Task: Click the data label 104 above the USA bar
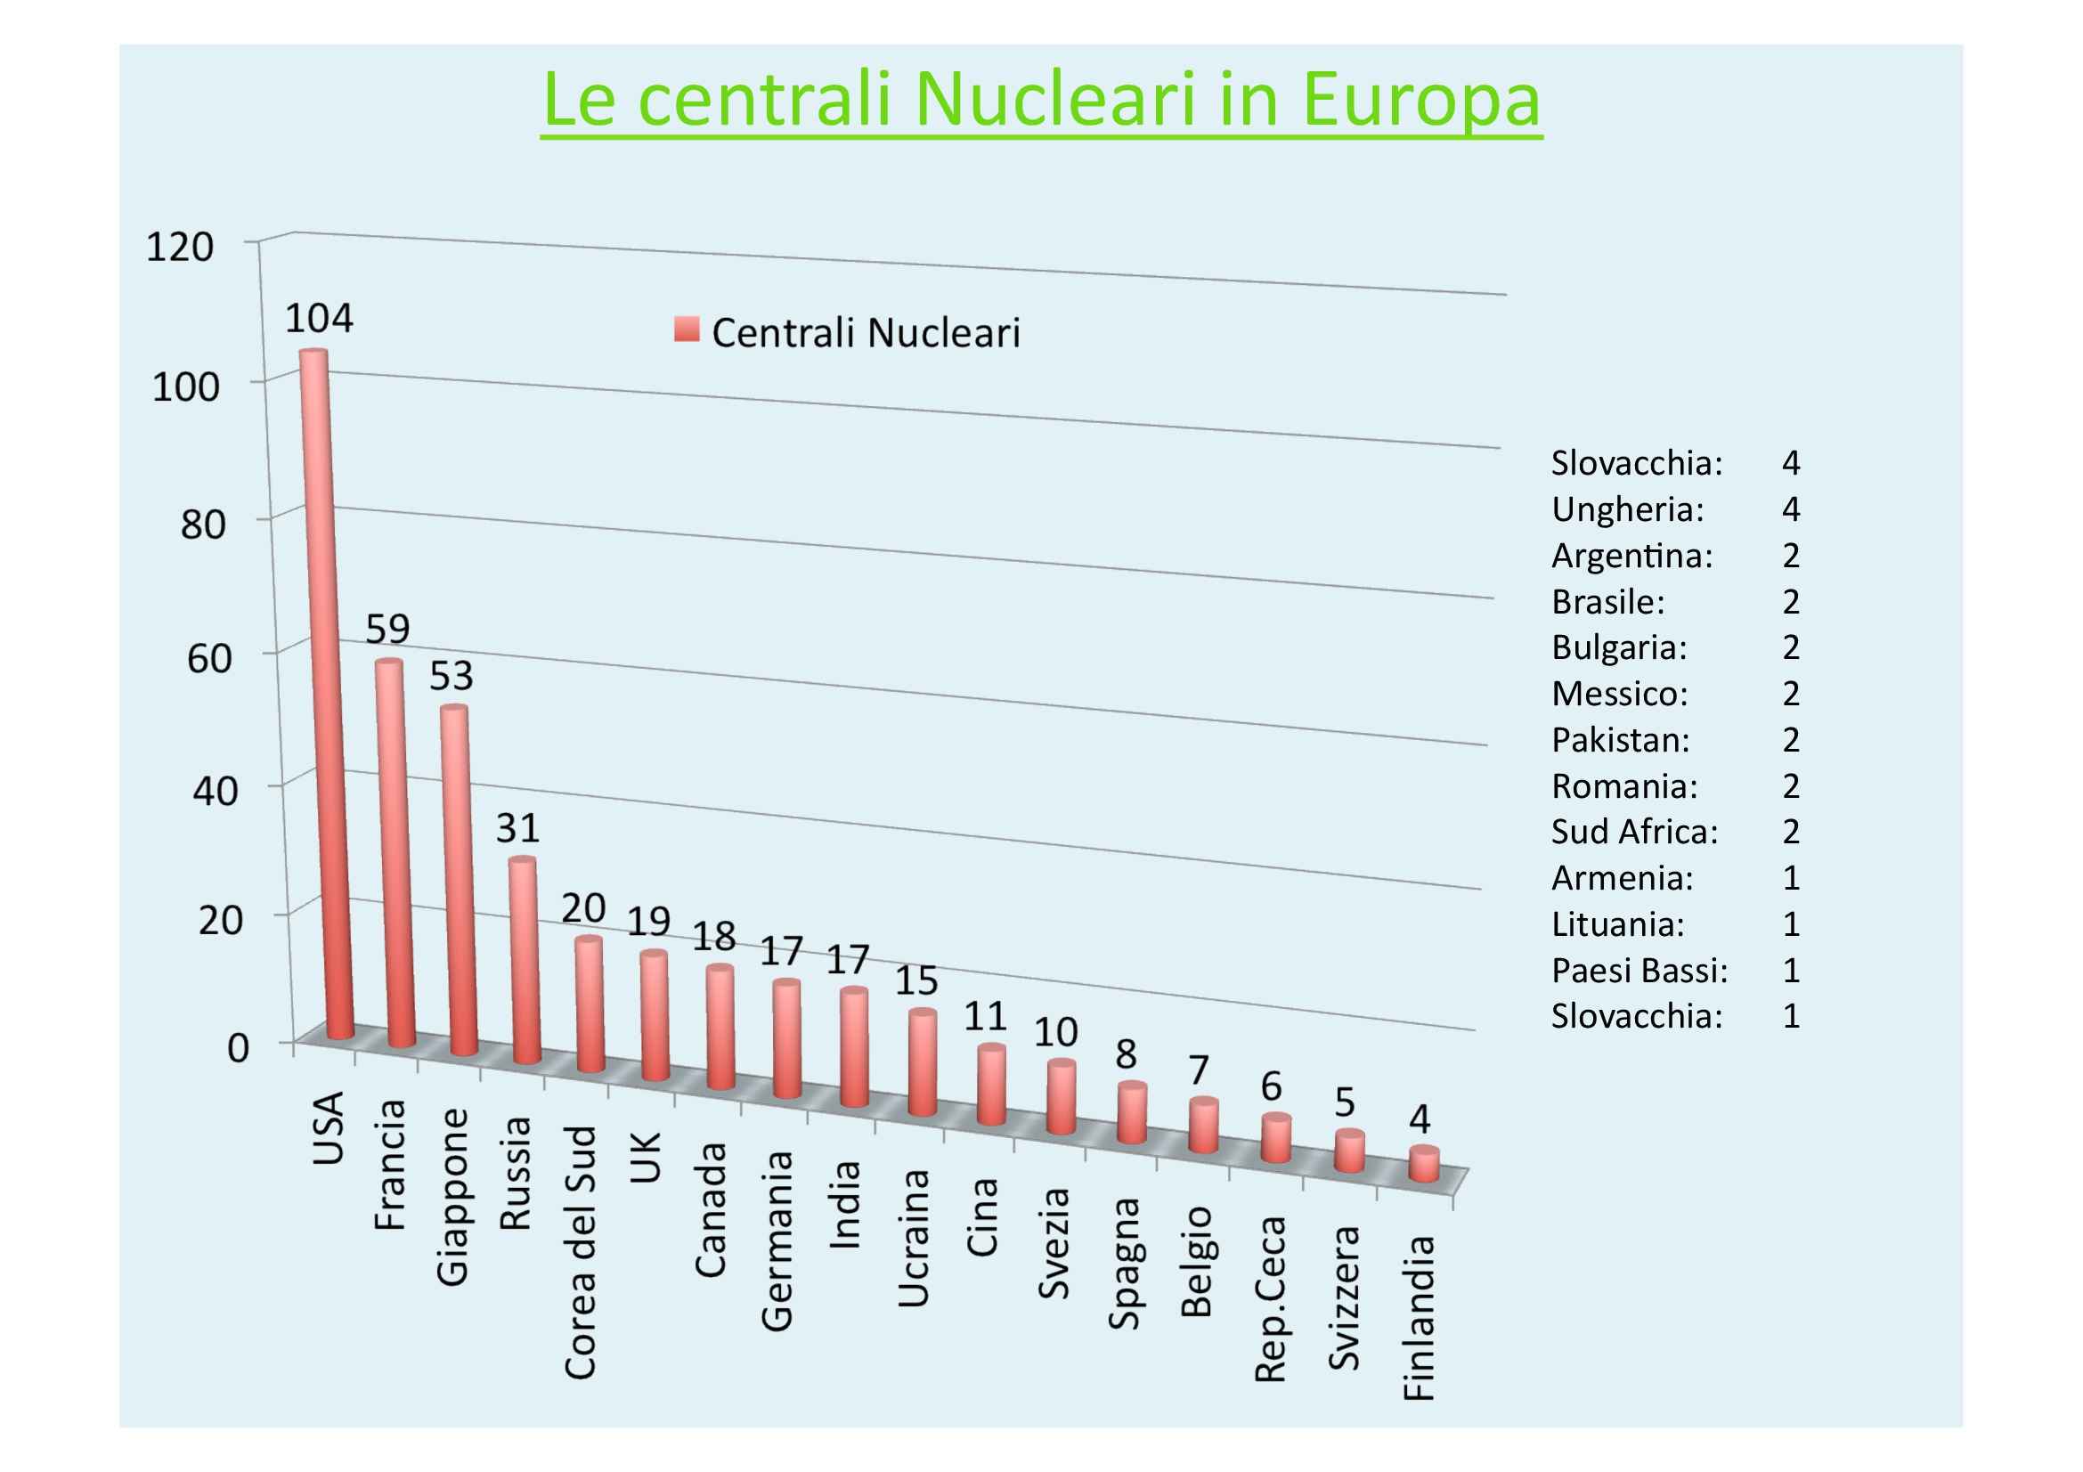tap(320, 318)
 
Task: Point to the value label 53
tap(451, 676)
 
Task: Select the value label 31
tap(518, 827)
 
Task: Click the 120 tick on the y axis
tap(180, 247)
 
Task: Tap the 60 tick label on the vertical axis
tap(209, 658)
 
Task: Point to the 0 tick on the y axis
tap(238, 1047)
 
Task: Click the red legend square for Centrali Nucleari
tap(687, 330)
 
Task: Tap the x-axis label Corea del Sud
tap(581, 1252)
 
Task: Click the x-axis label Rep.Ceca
tap(1271, 1298)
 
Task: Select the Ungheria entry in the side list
tap(1628, 509)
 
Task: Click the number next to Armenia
tap(1791, 878)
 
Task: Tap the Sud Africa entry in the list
tap(1634, 832)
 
